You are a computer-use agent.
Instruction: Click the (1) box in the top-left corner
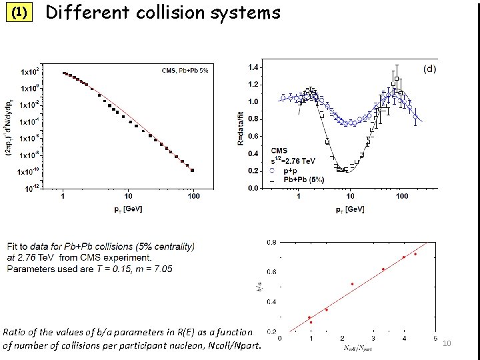click(x=19, y=13)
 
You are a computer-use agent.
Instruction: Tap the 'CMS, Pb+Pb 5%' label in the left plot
click(x=185, y=70)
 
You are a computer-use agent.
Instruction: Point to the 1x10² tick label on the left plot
click(x=29, y=71)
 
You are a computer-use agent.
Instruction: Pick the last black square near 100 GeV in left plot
click(x=193, y=170)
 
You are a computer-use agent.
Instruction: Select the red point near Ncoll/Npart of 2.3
click(x=353, y=284)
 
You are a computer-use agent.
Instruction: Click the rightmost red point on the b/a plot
click(x=415, y=254)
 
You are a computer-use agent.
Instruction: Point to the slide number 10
click(x=447, y=343)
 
